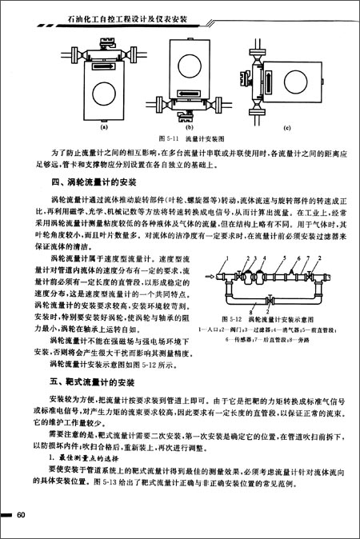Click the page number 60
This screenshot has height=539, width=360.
(22, 513)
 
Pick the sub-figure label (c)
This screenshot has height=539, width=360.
(287, 127)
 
